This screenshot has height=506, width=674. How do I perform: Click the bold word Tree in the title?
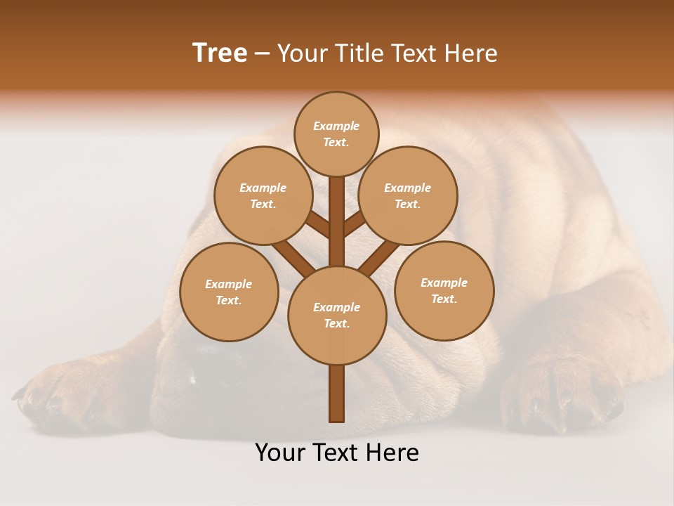pyautogui.click(x=220, y=53)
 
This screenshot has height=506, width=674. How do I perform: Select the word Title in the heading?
pyautogui.click(x=360, y=53)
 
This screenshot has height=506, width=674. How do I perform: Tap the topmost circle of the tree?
pyautogui.click(x=336, y=134)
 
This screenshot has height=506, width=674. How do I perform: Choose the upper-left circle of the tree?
pyautogui.click(x=263, y=195)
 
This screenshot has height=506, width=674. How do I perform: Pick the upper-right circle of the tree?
pyautogui.click(x=408, y=195)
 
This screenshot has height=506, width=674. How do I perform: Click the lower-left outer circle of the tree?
pyautogui.click(x=229, y=292)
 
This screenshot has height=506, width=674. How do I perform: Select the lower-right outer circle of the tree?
pyautogui.click(x=444, y=290)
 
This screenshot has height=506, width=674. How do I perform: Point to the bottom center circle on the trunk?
pyautogui.click(x=337, y=315)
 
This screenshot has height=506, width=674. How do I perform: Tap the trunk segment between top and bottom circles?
pyautogui.click(x=337, y=221)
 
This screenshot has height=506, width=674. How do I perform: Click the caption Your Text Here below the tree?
pyautogui.click(x=337, y=453)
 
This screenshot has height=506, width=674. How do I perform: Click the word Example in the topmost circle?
pyautogui.click(x=336, y=126)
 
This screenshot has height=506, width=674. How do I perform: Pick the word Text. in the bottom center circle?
pyautogui.click(x=336, y=323)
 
